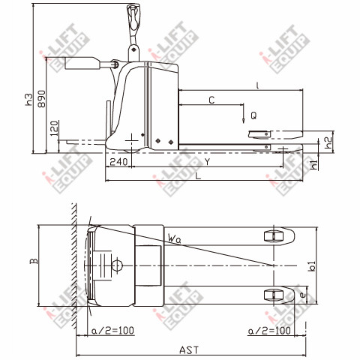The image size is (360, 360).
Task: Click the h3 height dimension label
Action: [29, 99]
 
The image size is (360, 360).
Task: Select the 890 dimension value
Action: [42, 99]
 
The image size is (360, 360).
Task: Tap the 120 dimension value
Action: [55, 128]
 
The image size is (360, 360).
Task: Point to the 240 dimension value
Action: [118, 162]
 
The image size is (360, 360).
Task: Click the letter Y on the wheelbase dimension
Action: [207, 162]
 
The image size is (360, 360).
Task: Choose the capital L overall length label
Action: [198, 176]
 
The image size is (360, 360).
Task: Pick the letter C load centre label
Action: [211, 100]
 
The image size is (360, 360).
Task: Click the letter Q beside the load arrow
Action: [253, 115]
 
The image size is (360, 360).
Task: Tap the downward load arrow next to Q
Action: [243, 114]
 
